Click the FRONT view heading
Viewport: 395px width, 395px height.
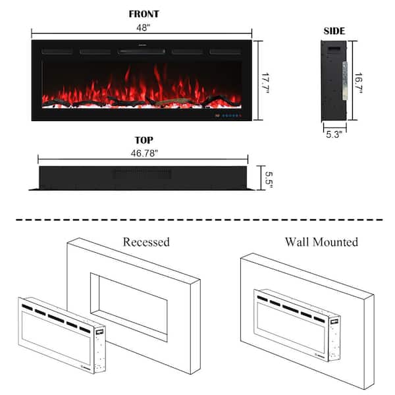click(x=144, y=14)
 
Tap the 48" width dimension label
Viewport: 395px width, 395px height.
click(x=144, y=28)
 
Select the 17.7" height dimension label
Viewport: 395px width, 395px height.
click(x=265, y=84)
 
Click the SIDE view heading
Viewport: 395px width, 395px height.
click(x=334, y=31)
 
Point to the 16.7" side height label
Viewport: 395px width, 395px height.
click(x=359, y=84)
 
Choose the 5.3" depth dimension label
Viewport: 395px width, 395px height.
click(x=334, y=134)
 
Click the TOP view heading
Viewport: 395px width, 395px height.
click(x=144, y=140)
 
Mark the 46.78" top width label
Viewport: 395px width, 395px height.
click(x=144, y=153)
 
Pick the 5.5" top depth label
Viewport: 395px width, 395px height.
click(x=269, y=180)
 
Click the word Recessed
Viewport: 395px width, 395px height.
click(x=146, y=242)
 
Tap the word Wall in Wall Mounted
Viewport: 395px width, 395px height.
click(x=298, y=242)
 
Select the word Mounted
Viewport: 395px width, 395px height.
click(x=336, y=242)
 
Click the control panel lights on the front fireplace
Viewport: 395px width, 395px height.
click(x=228, y=116)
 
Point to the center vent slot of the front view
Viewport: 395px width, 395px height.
click(x=142, y=51)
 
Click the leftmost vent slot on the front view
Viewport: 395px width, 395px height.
click(x=57, y=52)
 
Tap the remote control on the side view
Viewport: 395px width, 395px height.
click(x=344, y=80)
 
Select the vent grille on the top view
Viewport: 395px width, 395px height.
click(x=142, y=174)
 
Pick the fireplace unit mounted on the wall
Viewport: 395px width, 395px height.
click(x=298, y=325)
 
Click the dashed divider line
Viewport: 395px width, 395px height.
click(x=199, y=220)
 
